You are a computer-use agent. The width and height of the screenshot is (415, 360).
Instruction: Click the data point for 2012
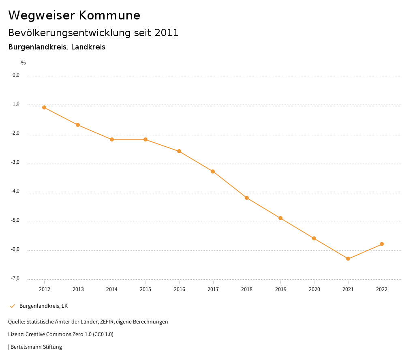point(44,107)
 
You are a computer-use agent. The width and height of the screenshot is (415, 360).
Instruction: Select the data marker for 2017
point(213,171)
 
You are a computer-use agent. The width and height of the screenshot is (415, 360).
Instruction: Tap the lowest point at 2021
point(348,259)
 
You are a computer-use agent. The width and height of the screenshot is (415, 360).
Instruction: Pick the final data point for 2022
point(382,244)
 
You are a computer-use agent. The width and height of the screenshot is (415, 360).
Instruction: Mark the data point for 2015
point(145,139)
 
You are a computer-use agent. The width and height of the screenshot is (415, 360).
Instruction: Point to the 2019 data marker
point(280,218)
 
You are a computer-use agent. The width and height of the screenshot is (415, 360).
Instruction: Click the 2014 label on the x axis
point(112,289)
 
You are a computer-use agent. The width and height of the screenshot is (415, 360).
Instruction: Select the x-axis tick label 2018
point(247,289)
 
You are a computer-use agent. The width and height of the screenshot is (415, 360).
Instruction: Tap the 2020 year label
point(314,289)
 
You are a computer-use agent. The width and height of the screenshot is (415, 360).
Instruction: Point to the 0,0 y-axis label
point(16,75)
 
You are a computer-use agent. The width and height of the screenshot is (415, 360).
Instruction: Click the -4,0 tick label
point(15,191)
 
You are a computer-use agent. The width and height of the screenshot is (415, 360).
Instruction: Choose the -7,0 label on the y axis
point(15,279)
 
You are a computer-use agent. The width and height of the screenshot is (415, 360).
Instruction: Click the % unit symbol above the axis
point(24,63)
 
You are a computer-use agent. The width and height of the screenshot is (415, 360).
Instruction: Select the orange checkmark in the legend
point(12,306)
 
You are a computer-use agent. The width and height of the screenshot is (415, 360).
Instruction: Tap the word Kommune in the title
point(109,15)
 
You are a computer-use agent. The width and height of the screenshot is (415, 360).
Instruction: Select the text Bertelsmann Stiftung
point(36,347)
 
